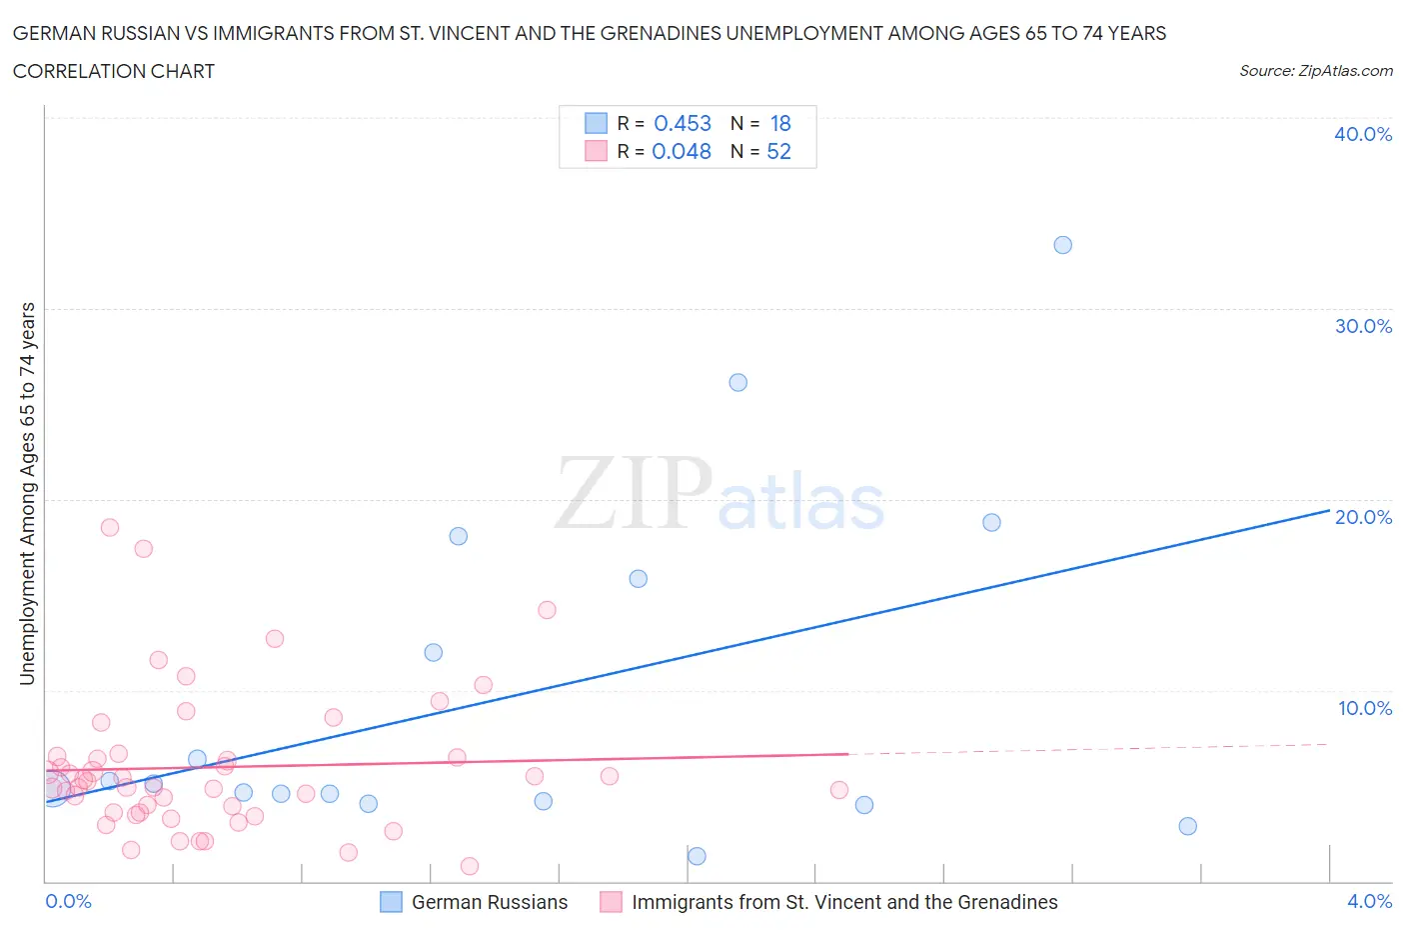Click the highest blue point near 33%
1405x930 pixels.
(x=1062, y=245)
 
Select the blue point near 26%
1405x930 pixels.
(x=737, y=382)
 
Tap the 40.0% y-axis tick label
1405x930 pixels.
(x=1362, y=134)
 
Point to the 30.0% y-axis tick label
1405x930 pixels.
(x=1362, y=326)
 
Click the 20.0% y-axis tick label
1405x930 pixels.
(x=1362, y=517)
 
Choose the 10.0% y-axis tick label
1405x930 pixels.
(x=1364, y=708)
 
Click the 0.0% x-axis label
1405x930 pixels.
(x=68, y=901)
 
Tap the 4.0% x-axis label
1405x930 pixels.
(x=1369, y=901)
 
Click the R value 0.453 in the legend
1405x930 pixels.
(x=682, y=123)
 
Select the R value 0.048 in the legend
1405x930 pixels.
(x=681, y=151)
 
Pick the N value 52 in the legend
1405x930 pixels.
(x=778, y=151)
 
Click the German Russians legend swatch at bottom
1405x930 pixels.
(x=391, y=902)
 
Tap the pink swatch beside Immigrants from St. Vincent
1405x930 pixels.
(x=611, y=902)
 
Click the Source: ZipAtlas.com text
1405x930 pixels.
(x=1315, y=71)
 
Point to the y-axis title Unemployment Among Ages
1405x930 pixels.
(x=27, y=494)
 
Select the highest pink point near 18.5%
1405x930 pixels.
(x=110, y=527)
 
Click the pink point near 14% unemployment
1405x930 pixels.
(x=547, y=610)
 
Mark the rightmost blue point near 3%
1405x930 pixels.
(x=1187, y=826)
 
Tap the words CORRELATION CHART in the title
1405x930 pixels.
(x=114, y=71)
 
